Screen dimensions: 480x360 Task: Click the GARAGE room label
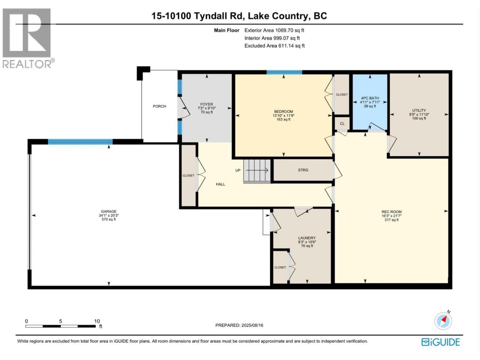tap(109, 211)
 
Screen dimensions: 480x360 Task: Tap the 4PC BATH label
tap(370, 98)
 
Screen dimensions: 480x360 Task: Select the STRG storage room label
tap(303, 170)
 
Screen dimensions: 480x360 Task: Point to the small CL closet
tap(342, 124)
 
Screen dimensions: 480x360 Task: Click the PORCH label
tap(159, 106)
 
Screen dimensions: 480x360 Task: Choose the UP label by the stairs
tap(238, 170)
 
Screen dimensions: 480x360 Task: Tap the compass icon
tap(443, 321)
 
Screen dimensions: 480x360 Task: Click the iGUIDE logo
tap(440, 342)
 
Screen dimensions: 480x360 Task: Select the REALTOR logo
tap(27, 38)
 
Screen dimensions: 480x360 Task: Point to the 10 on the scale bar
tap(97, 321)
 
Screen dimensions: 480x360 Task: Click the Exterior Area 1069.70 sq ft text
tap(274, 30)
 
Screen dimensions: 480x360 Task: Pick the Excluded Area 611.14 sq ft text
tap(274, 46)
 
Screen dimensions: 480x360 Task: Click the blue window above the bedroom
tap(284, 72)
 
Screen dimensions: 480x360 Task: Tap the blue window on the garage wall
tap(80, 142)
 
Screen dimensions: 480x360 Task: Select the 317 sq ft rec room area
tap(391, 220)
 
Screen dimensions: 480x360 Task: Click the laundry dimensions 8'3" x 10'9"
tap(307, 242)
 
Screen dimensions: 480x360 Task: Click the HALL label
tap(220, 184)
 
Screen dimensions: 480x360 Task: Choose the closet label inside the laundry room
tap(280, 267)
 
